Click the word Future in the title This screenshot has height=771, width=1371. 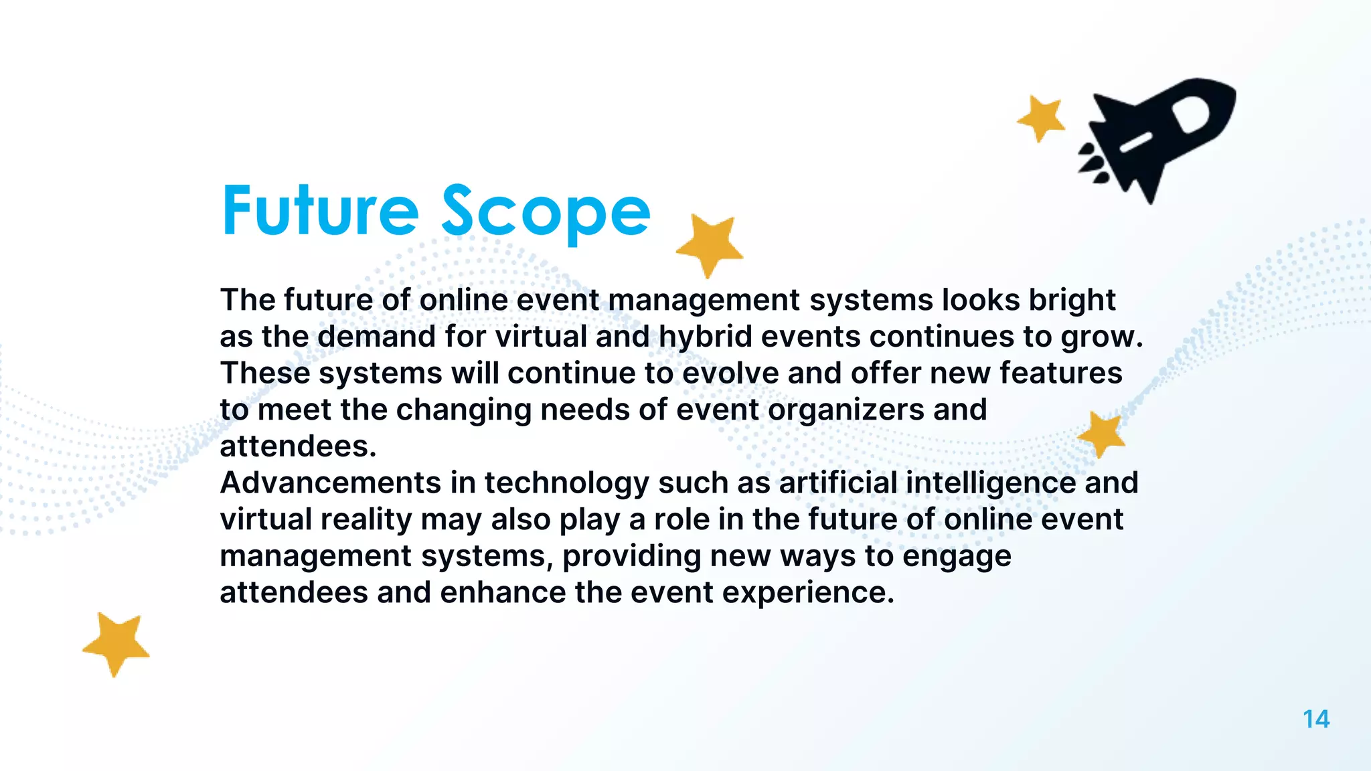[x=320, y=211]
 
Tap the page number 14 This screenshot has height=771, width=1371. [x=1315, y=719]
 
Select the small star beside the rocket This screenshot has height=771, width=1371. [x=1041, y=118]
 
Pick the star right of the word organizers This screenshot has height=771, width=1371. [x=1101, y=434]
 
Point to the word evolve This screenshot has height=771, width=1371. [x=730, y=373]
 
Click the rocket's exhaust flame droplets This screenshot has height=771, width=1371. [x=1093, y=164]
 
